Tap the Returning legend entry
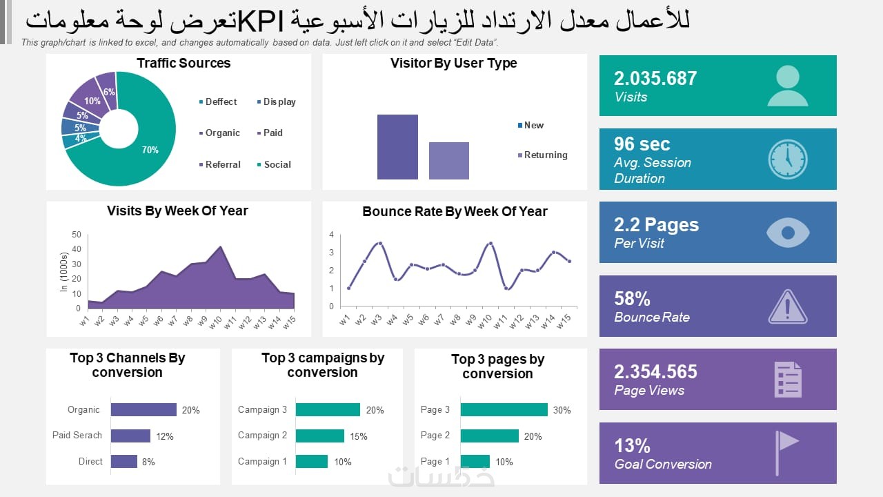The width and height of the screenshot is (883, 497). click(545, 155)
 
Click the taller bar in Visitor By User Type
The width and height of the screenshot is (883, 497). click(397, 147)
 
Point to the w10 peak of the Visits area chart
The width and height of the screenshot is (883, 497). click(220, 247)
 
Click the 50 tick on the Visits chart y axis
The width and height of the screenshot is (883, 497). click(76, 235)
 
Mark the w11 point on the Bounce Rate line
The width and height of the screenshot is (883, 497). click(507, 289)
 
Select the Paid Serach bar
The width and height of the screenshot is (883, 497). click(130, 436)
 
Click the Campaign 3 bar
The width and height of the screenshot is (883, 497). click(328, 409)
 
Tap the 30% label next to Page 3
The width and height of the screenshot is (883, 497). click(562, 410)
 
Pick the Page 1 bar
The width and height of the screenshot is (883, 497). click(475, 461)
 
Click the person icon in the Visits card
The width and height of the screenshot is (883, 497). click(787, 86)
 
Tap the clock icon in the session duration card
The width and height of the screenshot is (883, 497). click(787, 159)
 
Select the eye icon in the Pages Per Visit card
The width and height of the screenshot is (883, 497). click(787, 233)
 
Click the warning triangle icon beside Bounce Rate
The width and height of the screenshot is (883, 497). click(787, 306)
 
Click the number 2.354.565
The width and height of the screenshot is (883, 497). click(655, 371)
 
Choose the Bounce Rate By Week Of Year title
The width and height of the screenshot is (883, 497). click(455, 211)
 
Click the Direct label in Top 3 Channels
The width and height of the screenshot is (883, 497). click(90, 461)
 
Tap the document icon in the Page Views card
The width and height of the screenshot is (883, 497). click(788, 379)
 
